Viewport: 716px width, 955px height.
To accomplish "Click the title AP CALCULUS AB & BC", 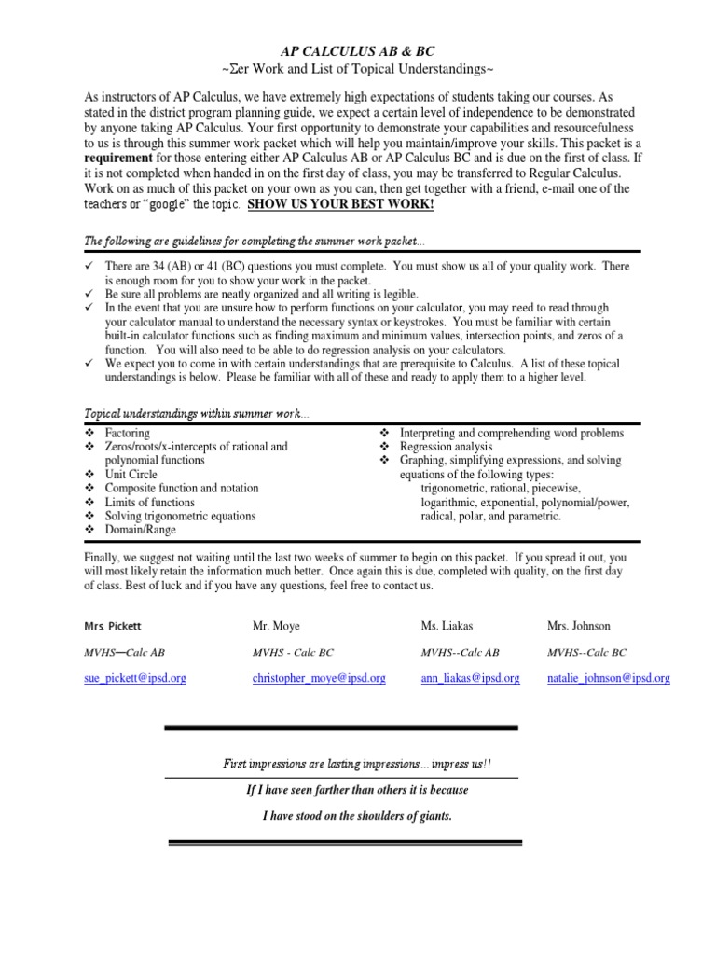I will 357,53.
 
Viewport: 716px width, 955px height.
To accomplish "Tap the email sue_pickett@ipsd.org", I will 135,679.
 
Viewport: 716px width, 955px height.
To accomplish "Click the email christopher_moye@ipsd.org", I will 319,679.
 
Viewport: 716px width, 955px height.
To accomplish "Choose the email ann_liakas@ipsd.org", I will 470,679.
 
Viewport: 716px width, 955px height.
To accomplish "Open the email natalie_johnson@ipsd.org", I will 608,679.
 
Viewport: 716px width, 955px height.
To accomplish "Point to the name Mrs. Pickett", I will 113,627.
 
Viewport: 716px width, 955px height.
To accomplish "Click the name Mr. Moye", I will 276,627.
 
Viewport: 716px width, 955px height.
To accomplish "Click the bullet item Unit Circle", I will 131,475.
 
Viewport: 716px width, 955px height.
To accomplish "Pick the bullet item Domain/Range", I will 141,530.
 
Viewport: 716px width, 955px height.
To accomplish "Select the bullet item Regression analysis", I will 446,447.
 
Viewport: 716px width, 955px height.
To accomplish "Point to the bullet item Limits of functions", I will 150,503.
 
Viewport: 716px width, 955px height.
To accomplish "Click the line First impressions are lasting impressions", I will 358,764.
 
